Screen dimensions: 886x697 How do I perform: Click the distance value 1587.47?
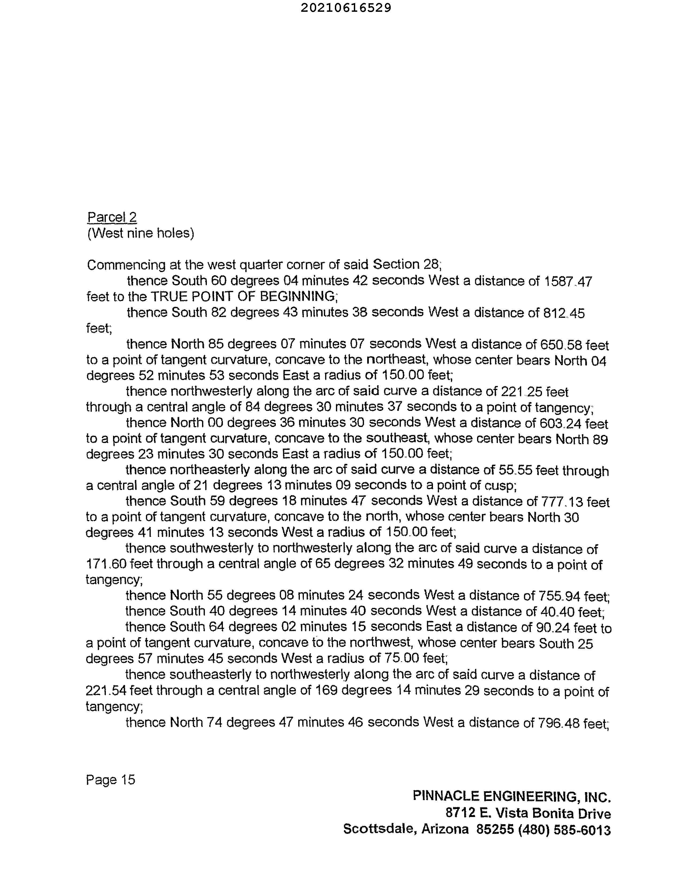(568, 281)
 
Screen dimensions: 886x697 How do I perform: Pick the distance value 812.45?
(564, 313)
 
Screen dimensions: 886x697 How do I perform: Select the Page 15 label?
(110, 780)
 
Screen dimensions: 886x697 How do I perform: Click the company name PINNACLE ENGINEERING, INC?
(512, 796)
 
